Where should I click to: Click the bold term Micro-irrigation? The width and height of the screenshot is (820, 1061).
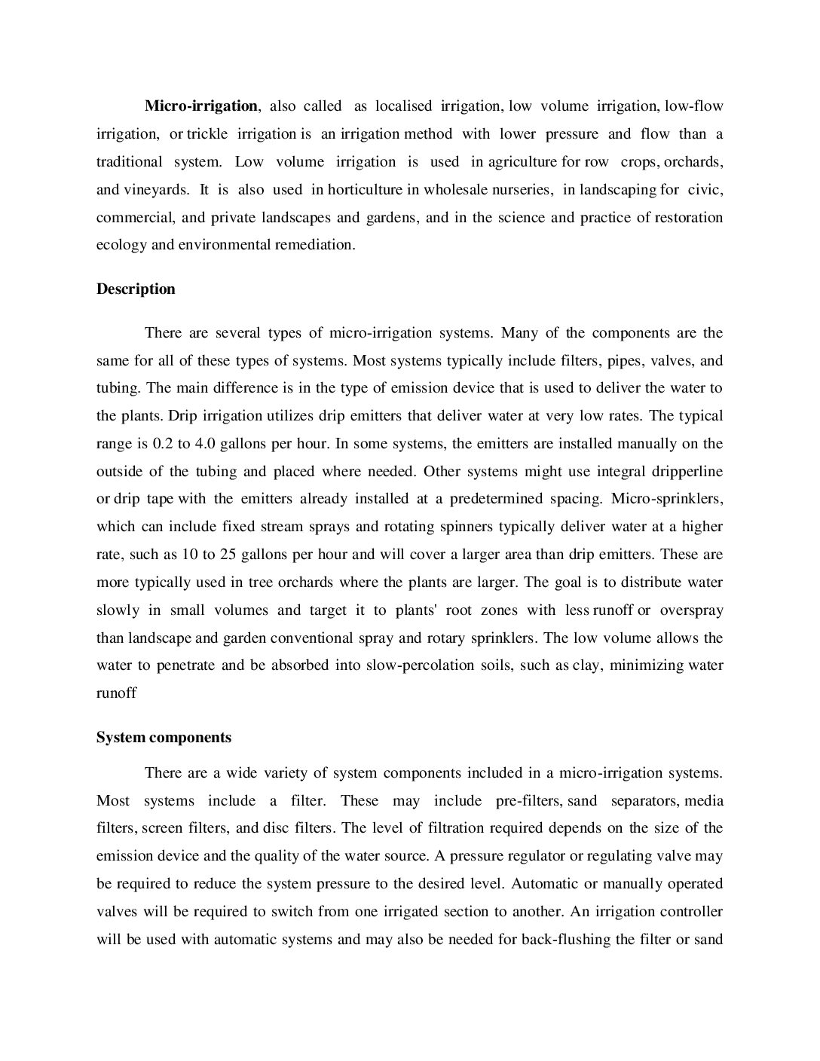click(x=201, y=106)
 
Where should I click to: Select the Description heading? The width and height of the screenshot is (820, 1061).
click(x=136, y=289)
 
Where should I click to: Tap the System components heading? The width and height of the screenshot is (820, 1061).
click(x=164, y=738)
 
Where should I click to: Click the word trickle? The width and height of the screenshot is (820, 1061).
click(x=207, y=134)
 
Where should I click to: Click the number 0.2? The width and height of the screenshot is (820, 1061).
click(x=164, y=444)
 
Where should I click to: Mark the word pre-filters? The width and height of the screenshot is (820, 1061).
click(x=528, y=800)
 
